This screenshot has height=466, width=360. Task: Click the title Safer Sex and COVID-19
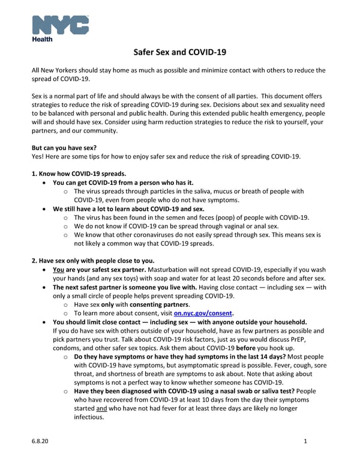tap(179, 52)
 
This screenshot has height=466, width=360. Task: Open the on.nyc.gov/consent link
tap(203, 313)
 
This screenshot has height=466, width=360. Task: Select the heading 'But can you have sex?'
tap(67, 147)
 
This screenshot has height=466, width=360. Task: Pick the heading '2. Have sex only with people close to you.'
tap(93, 260)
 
